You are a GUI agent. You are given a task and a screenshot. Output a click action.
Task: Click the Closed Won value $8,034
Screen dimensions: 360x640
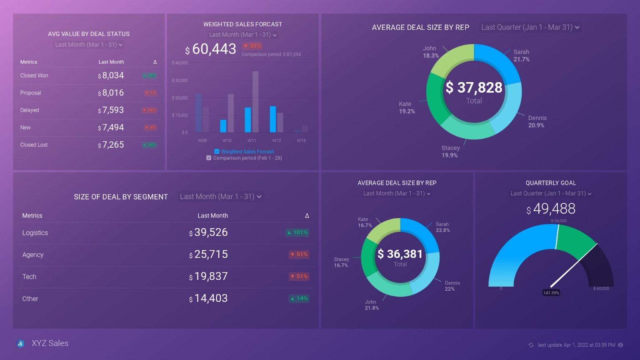[111, 76]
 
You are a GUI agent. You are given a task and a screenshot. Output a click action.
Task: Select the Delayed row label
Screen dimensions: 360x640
[30, 110]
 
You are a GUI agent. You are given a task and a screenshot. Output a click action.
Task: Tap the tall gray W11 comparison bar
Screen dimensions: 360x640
[255, 102]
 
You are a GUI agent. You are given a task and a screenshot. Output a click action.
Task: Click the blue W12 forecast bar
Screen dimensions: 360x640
[273, 119]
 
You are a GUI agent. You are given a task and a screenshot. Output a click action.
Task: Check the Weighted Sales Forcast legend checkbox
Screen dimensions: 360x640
[217, 152]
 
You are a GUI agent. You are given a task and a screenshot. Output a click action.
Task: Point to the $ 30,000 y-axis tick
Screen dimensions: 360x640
[180, 80]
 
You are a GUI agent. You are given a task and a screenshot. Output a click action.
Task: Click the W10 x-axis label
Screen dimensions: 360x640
[227, 140]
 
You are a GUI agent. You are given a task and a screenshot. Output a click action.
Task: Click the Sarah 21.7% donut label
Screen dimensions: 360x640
[521, 55]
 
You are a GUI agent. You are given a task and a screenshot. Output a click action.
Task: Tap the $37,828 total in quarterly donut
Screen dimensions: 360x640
[474, 88]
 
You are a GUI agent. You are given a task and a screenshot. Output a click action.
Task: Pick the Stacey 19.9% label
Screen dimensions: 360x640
[450, 152]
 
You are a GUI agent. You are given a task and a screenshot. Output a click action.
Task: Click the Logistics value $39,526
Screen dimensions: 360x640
[209, 232]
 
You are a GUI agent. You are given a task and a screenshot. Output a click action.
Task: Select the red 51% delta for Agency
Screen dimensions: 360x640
[299, 255]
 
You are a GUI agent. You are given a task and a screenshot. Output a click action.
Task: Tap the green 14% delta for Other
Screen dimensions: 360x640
[299, 299]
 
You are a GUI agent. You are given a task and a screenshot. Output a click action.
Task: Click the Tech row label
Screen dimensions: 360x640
[29, 277]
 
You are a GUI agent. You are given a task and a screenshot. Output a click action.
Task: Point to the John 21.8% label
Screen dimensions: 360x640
[372, 305]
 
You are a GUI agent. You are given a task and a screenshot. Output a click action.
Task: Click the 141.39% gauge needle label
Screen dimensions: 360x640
[551, 293]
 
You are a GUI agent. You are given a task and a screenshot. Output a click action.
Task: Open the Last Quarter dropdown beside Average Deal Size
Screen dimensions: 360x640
[530, 27]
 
